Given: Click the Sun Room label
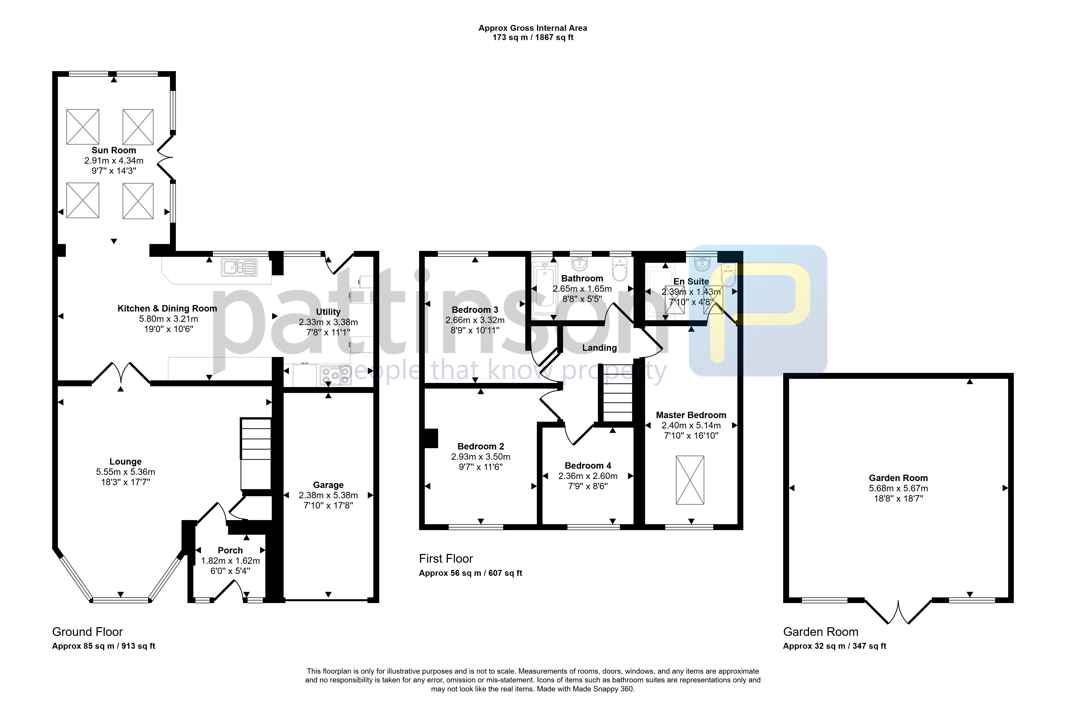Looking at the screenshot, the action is coord(114,150).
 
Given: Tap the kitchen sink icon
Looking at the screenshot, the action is coord(239,267).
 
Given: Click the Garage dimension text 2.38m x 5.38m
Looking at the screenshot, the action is coord(328,495).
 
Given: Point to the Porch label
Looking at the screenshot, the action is coord(230,550).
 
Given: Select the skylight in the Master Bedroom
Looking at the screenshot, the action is coord(690,480).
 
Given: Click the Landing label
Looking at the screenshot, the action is coord(599,347).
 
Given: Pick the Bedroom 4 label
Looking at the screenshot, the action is coord(588,465).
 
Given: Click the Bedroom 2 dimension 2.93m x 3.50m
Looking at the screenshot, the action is coord(481,456).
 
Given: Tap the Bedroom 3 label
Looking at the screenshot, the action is coord(475,310).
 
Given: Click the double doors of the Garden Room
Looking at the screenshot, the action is coord(898,612).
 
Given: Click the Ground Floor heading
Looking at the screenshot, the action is coord(87,632).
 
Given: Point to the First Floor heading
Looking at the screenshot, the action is coord(446,558).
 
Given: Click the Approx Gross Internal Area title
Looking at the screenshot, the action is coord(533,28).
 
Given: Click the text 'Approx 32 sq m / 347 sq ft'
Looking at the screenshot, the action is coord(835,646).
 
